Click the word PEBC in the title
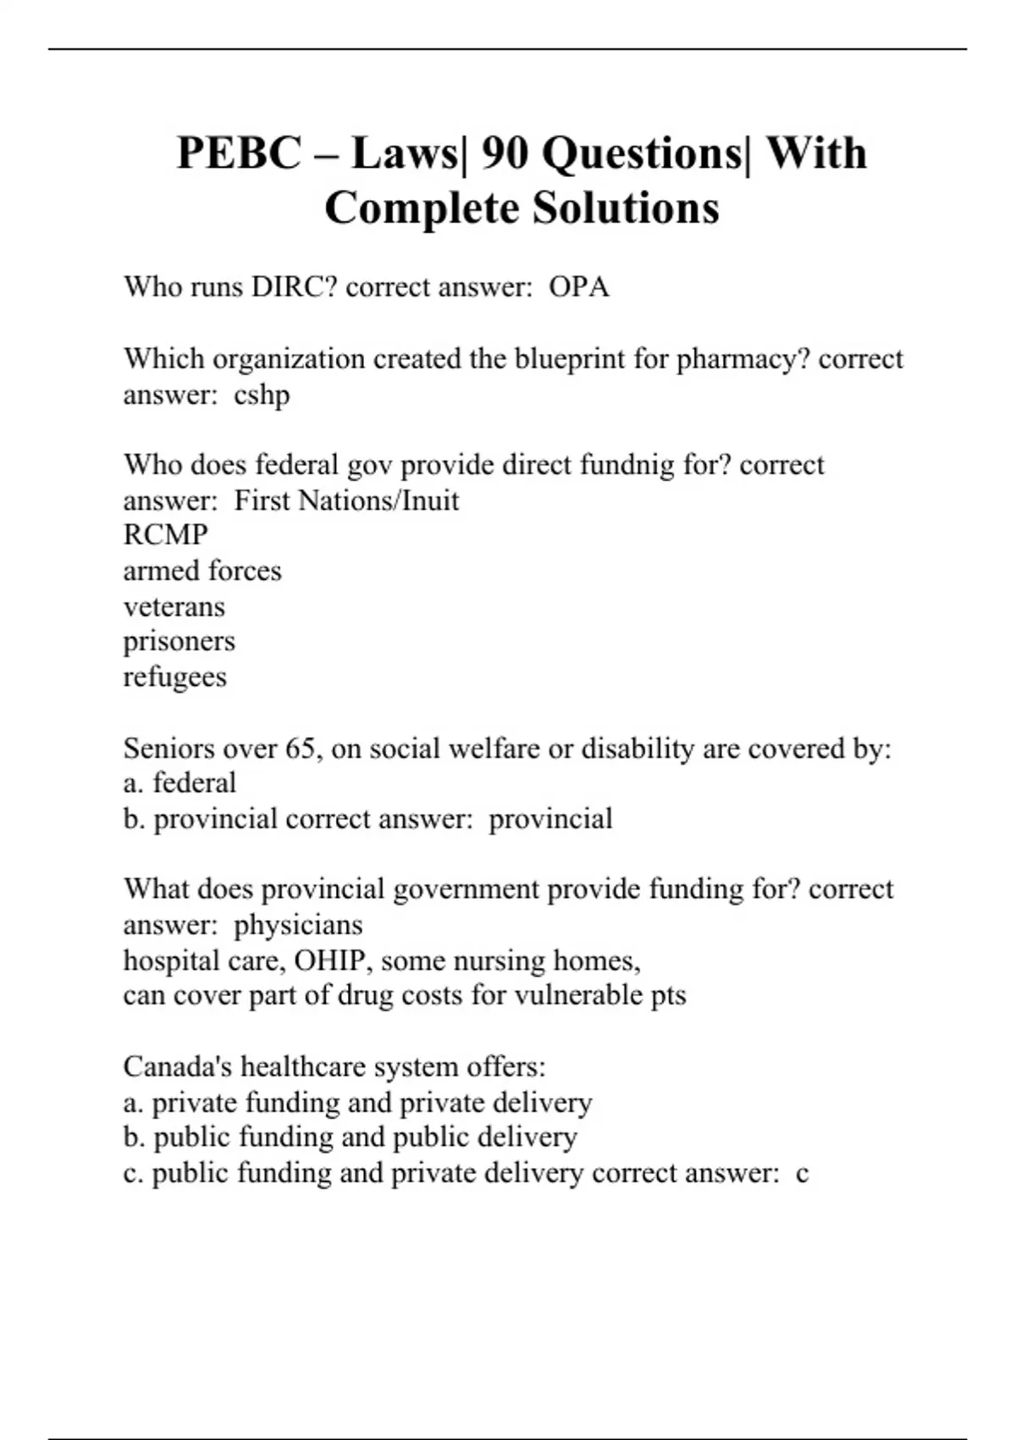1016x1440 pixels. [x=239, y=154]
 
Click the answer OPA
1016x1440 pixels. [x=579, y=287]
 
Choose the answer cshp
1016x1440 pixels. [x=262, y=395]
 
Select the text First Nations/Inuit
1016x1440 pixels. [x=346, y=501]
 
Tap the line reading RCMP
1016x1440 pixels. [x=166, y=535]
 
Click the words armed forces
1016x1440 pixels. [x=202, y=571]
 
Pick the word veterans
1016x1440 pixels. [x=174, y=606]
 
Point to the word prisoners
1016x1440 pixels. [x=179, y=641]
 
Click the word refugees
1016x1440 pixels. [x=175, y=677]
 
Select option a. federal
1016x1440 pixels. [x=179, y=784]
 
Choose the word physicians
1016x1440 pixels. [x=298, y=925]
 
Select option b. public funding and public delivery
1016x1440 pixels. [x=350, y=1138]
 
